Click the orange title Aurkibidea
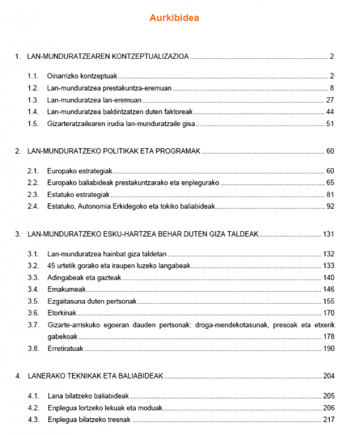pos(175,18)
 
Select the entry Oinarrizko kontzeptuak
pos(82,76)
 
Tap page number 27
pos(329,100)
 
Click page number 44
pos(329,112)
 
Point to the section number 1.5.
pos(33,124)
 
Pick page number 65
pos(329,182)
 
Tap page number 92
pos(329,206)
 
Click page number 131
pos(328,233)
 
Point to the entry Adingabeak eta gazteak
pos(82,277)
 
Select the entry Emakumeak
pos(65,289)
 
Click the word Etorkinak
pos(63,313)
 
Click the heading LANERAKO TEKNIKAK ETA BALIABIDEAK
pos(95,376)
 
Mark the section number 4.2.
pos(33,407)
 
